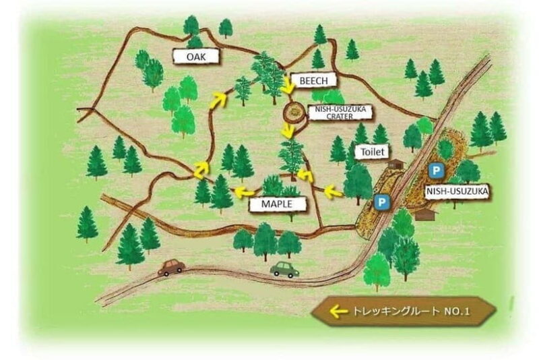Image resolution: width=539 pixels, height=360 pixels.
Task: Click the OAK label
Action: [x=197, y=57]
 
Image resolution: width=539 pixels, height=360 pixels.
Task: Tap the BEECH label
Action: [x=313, y=80]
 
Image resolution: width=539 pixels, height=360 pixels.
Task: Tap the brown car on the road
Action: [x=171, y=267]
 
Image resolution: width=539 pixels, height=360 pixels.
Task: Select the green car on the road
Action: [x=284, y=270]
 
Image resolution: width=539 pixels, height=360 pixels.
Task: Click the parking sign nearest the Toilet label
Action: [x=382, y=202]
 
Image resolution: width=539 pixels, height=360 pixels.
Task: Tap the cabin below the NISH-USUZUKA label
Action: [x=424, y=214]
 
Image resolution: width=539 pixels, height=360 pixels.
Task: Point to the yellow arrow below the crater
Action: [x=289, y=131]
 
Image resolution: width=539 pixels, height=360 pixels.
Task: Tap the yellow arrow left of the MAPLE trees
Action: [x=239, y=193]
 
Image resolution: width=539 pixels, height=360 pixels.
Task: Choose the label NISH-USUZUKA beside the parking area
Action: [x=456, y=191]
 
